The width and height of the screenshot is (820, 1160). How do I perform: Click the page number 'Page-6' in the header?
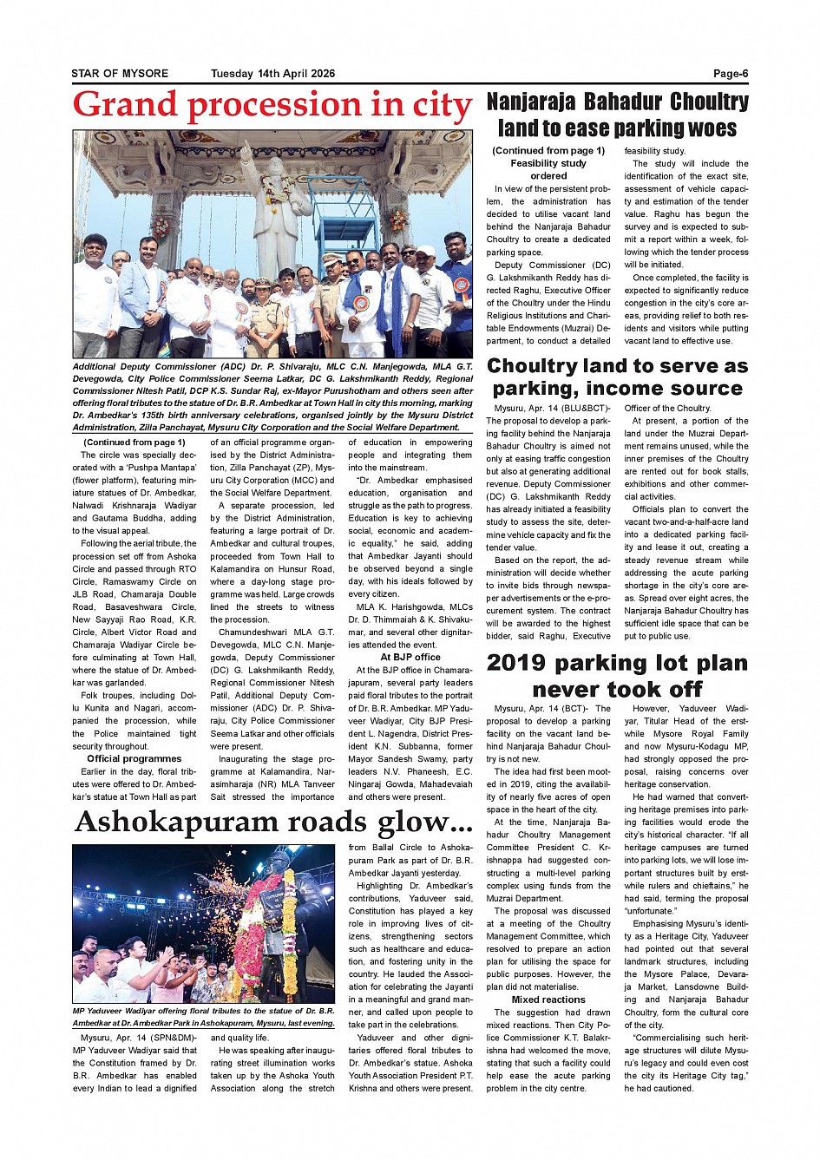click(x=731, y=74)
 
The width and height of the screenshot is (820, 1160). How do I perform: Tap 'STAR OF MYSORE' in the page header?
click(x=120, y=74)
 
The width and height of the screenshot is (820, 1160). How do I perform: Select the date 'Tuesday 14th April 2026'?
click(x=272, y=74)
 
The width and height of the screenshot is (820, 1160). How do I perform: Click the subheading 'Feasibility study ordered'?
click(x=548, y=169)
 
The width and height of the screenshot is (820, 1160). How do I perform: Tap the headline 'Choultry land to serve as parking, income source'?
click(x=617, y=377)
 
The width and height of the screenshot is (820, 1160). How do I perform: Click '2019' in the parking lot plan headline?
click(x=517, y=664)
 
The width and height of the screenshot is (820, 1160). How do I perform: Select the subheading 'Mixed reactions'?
click(x=548, y=999)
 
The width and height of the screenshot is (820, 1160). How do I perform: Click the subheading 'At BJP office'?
click(x=410, y=658)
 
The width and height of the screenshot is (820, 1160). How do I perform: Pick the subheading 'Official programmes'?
click(x=134, y=758)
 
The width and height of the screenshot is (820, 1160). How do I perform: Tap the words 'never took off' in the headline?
click(x=617, y=690)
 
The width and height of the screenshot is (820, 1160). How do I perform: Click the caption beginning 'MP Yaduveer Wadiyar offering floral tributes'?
click(x=203, y=1017)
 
